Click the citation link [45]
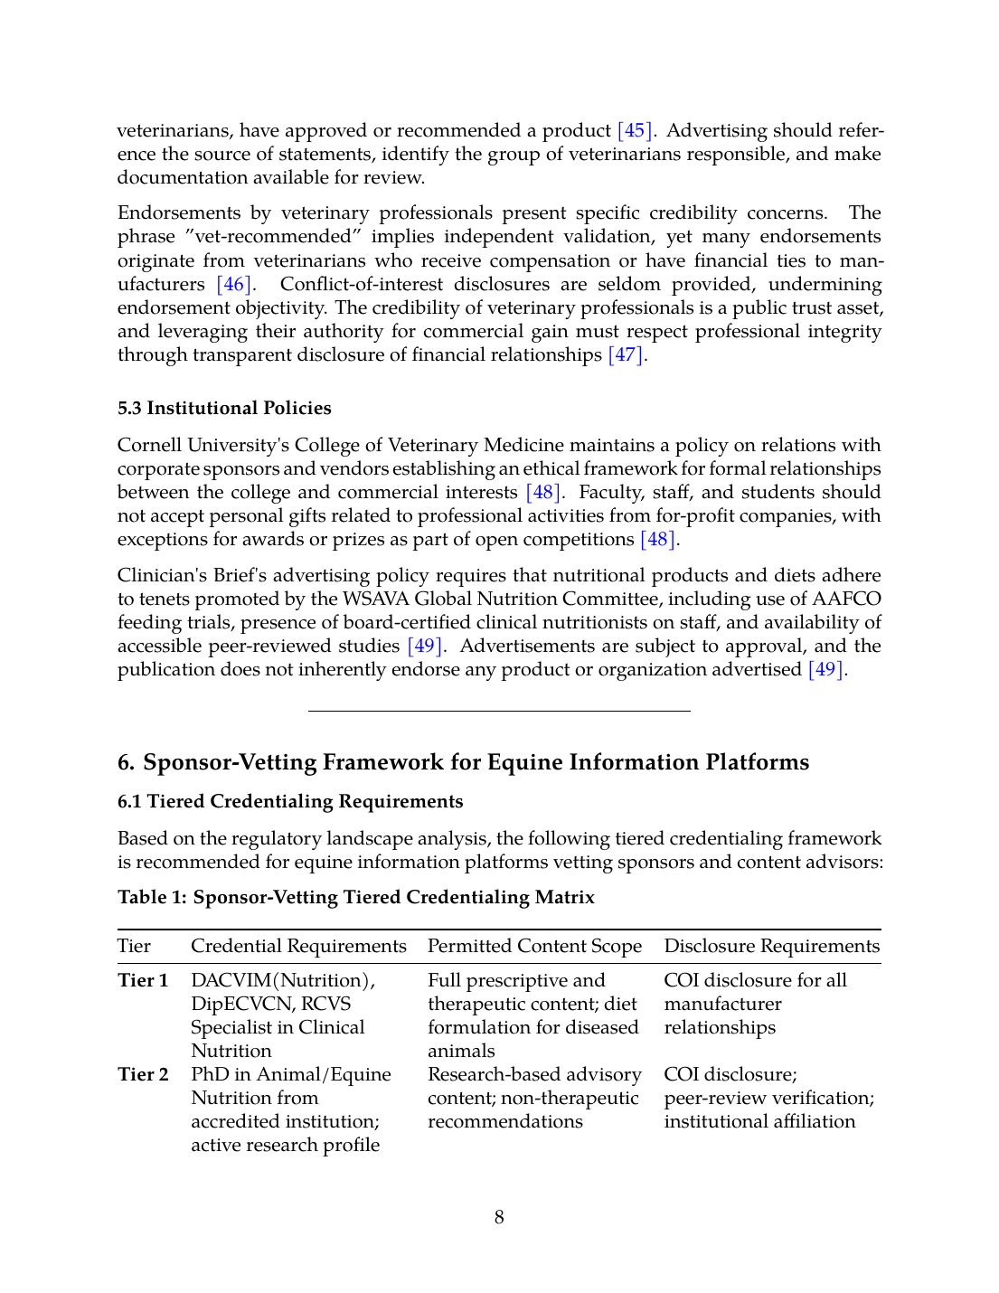(x=634, y=130)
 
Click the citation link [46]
(x=233, y=284)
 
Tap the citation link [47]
(x=626, y=354)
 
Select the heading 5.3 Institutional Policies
(x=224, y=408)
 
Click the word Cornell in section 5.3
(x=149, y=445)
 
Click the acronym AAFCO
(x=846, y=599)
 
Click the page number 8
(x=499, y=1217)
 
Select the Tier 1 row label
(x=143, y=980)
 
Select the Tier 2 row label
(x=143, y=1074)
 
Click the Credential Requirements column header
(x=298, y=946)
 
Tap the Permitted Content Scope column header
(x=534, y=946)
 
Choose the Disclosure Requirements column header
(x=771, y=946)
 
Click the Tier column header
(x=134, y=946)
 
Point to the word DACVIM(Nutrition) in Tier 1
(x=283, y=980)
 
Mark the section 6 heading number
(x=126, y=762)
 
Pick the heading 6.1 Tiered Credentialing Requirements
(x=290, y=801)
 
